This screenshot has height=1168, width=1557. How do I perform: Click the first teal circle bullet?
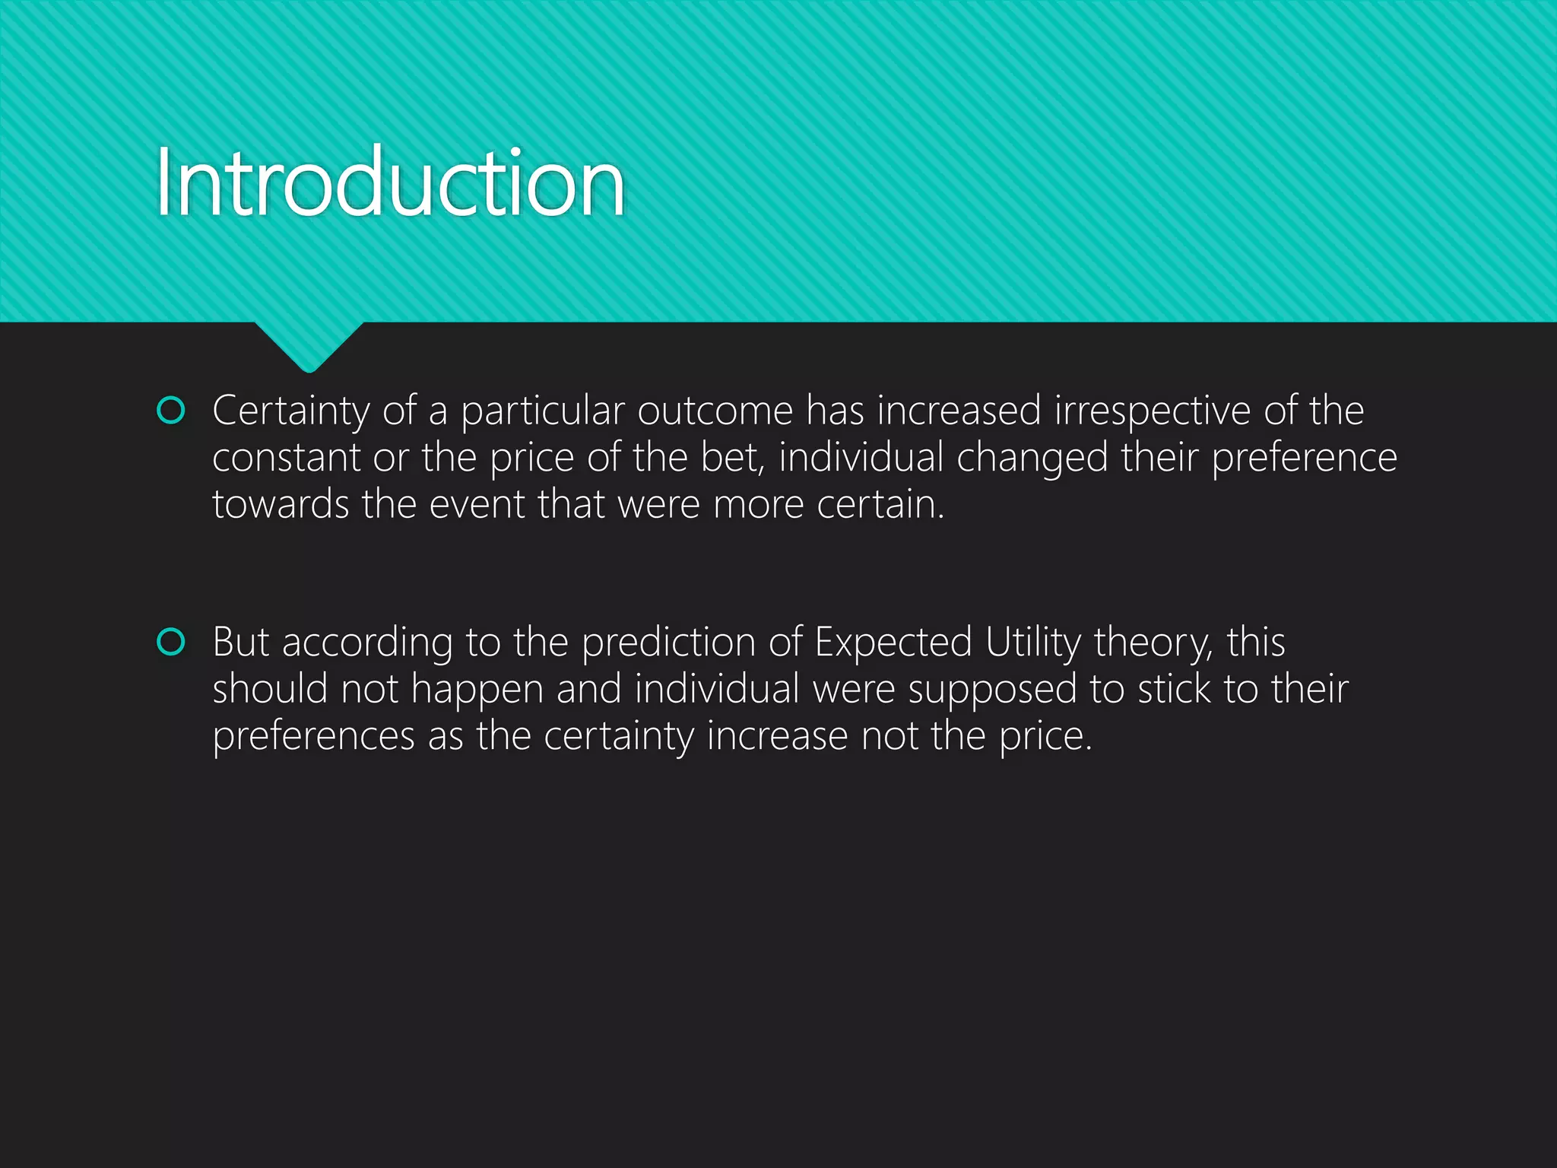click(x=170, y=411)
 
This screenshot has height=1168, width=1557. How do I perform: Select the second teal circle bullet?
click(x=170, y=642)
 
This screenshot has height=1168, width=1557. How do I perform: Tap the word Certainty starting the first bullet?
click(x=290, y=412)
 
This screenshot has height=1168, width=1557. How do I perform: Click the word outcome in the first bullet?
click(x=715, y=411)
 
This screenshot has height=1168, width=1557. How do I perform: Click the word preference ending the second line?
click(x=1304, y=459)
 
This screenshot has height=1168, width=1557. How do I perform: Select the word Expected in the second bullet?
click(x=893, y=643)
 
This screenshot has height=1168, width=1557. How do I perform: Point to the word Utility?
click(x=1032, y=643)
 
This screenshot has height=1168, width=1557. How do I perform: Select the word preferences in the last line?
click(x=313, y=737)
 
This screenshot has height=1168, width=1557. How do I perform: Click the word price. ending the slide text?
click(x=1045, y=737)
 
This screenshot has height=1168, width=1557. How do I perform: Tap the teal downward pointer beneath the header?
click(x=309, y=346)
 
